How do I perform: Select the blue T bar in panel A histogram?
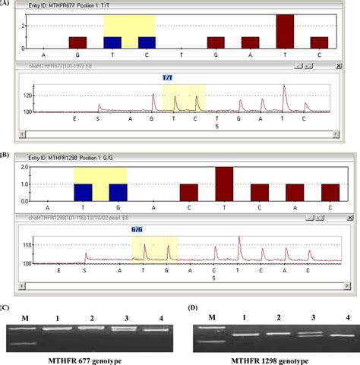click(x=112, y=42)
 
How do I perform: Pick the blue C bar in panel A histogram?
click(x=147, y=42)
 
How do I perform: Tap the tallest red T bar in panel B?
click(x=224, y=184)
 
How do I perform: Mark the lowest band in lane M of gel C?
click(x=26, y=343)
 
